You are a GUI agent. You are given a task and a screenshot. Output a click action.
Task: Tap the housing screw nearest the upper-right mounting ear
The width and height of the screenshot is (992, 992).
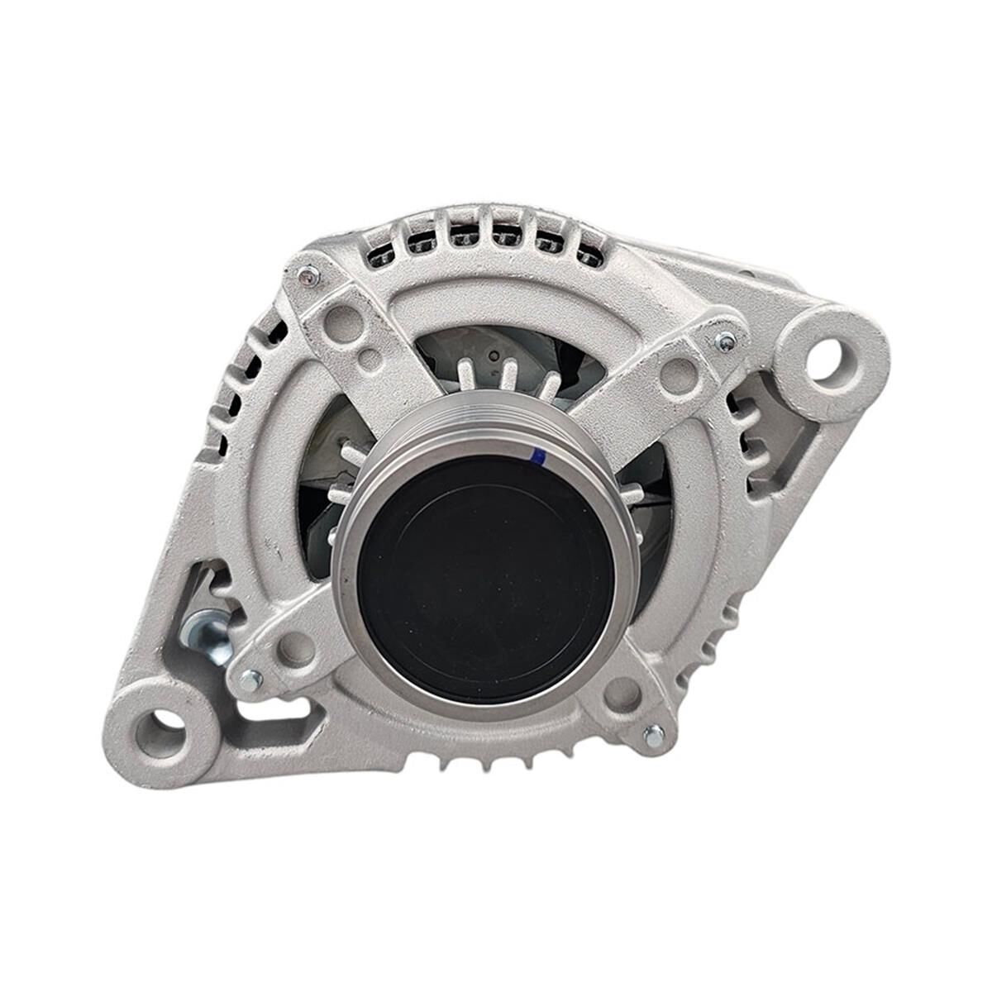click(x=725, y=340)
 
